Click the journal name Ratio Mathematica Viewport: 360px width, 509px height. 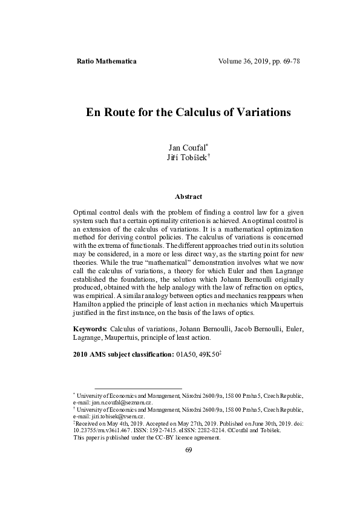point(107,62)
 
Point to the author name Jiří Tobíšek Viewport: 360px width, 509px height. point(188,158)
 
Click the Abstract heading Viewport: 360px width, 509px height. point(188,196)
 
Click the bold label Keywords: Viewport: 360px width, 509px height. point(90,328)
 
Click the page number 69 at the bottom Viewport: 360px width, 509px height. point(188,449)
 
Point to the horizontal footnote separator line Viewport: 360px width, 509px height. point(138,388)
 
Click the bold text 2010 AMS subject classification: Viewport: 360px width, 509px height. point(123,354)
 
